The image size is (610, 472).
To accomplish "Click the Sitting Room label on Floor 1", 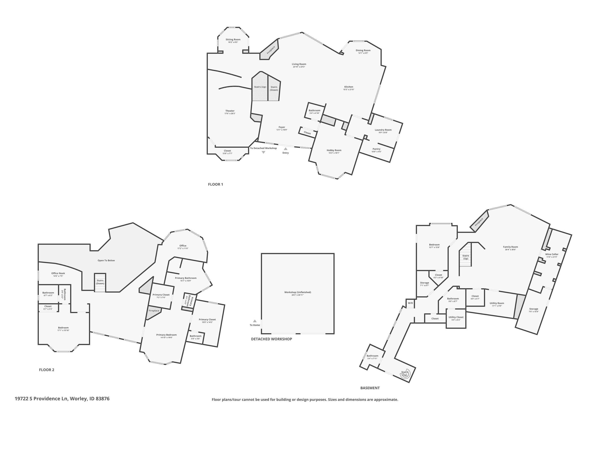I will pyautogui.click(x=233, y=40).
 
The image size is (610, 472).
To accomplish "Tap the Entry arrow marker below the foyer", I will pyautogui.click(x=285, y=149).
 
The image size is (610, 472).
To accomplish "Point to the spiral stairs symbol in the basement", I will pyautogui.click(x=405, y=374).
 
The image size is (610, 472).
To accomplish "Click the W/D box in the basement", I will pyautogui.click(x=410, y=303).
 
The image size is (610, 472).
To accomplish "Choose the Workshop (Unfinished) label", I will pyautogui.click(x=297, y=292).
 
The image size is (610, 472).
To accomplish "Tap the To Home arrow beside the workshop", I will pyautogui.click(x=255, y=321).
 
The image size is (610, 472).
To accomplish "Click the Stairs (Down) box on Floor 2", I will pyautogui.click(x=100, y=282).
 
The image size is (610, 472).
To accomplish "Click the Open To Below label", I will pyautogui.click(x=106, y=261).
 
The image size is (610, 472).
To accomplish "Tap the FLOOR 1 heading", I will pyautogui.click(x=215, y=184).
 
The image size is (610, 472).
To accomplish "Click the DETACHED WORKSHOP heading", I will pyautogui.click(x=271, y=339).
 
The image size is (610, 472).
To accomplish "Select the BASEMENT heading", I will pyautogui.click(x=370, y=388).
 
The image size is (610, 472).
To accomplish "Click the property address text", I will pyautogui.click(x=62, y=399).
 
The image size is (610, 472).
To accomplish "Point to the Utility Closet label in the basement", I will pyautogui.click(x=456, y=317).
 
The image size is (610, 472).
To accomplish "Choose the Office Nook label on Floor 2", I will pyautogui.click(x=58, y=273).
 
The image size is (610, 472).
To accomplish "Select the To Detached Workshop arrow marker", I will pyautogui.click(x=263, y=152).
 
